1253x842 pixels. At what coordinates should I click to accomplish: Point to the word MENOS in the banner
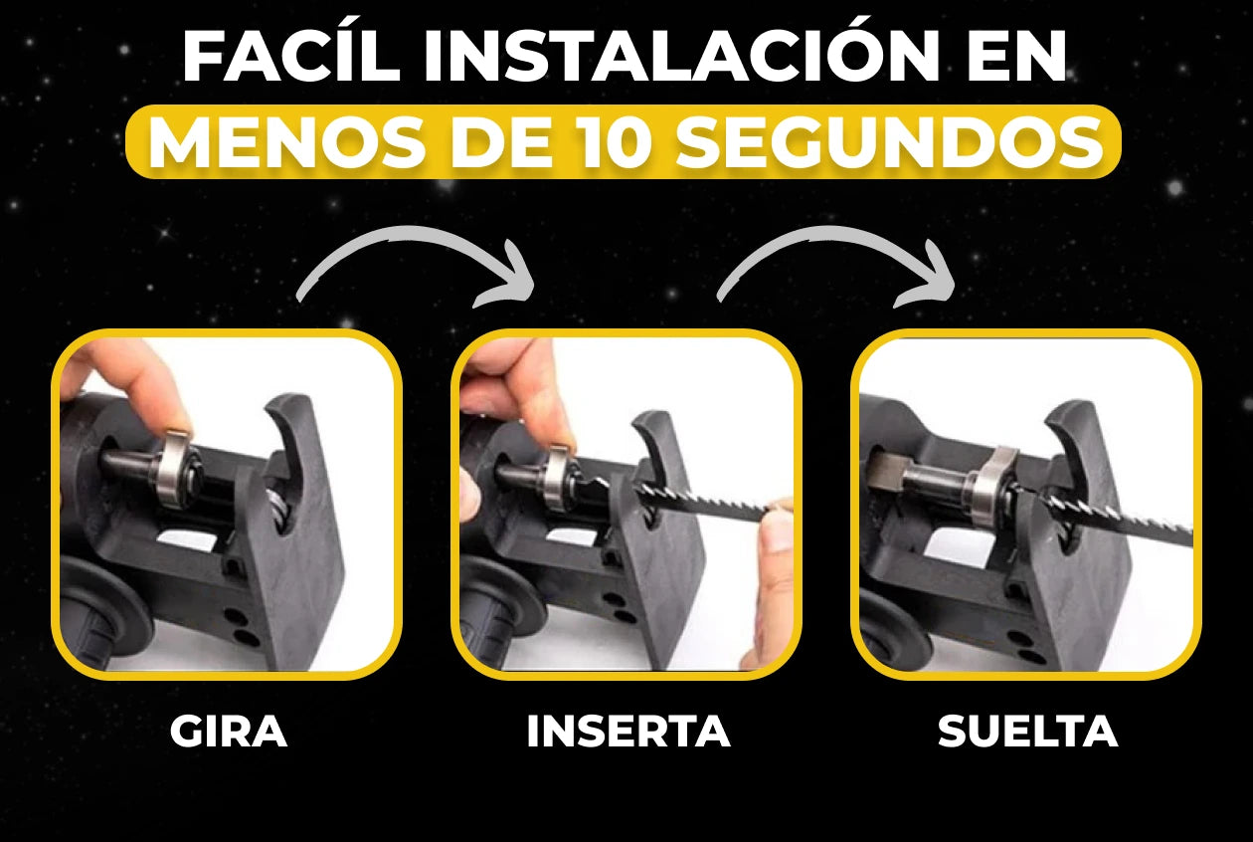(x=284, y=142)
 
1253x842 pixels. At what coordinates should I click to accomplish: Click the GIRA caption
(x=229, y=731)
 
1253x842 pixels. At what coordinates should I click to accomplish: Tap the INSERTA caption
(x=628, y=731)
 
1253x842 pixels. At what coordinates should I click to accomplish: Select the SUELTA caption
(x=1027, y=731)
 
